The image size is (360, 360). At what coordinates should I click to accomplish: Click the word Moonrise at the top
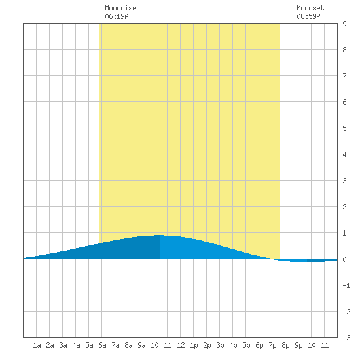click(x=120, y=8)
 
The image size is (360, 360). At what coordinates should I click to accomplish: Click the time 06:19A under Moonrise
click(x=117, y=16)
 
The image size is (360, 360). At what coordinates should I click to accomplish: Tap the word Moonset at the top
click(x=310, y=8)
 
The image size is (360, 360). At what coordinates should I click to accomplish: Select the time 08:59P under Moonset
click(x=308, y=16)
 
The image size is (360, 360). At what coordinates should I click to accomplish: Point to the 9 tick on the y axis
click(x=344, y=24)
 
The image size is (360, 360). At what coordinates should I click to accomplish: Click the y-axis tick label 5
click(x=344, y=128)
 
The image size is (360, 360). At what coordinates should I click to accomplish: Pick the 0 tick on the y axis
click(x=344, y=259)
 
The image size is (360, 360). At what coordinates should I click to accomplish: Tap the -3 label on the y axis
click(x=346, y=338)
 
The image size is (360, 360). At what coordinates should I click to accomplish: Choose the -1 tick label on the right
click(x=346, y=285)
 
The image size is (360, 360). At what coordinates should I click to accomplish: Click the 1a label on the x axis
click(x=37, y=345)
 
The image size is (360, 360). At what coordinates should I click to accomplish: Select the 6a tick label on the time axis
click(x=102, y=345)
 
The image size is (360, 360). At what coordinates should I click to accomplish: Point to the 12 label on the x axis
click(x=181, y=345)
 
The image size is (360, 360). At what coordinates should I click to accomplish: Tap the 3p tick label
click(x=220, y=345)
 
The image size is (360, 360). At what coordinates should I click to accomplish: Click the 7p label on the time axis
click(x=272, y=345)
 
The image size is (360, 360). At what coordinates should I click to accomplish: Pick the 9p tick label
click(x=298, y=345)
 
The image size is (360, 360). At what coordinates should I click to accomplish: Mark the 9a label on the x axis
click(x=141, y=345)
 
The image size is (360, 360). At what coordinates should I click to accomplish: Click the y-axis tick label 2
click(x=344, y=207)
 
